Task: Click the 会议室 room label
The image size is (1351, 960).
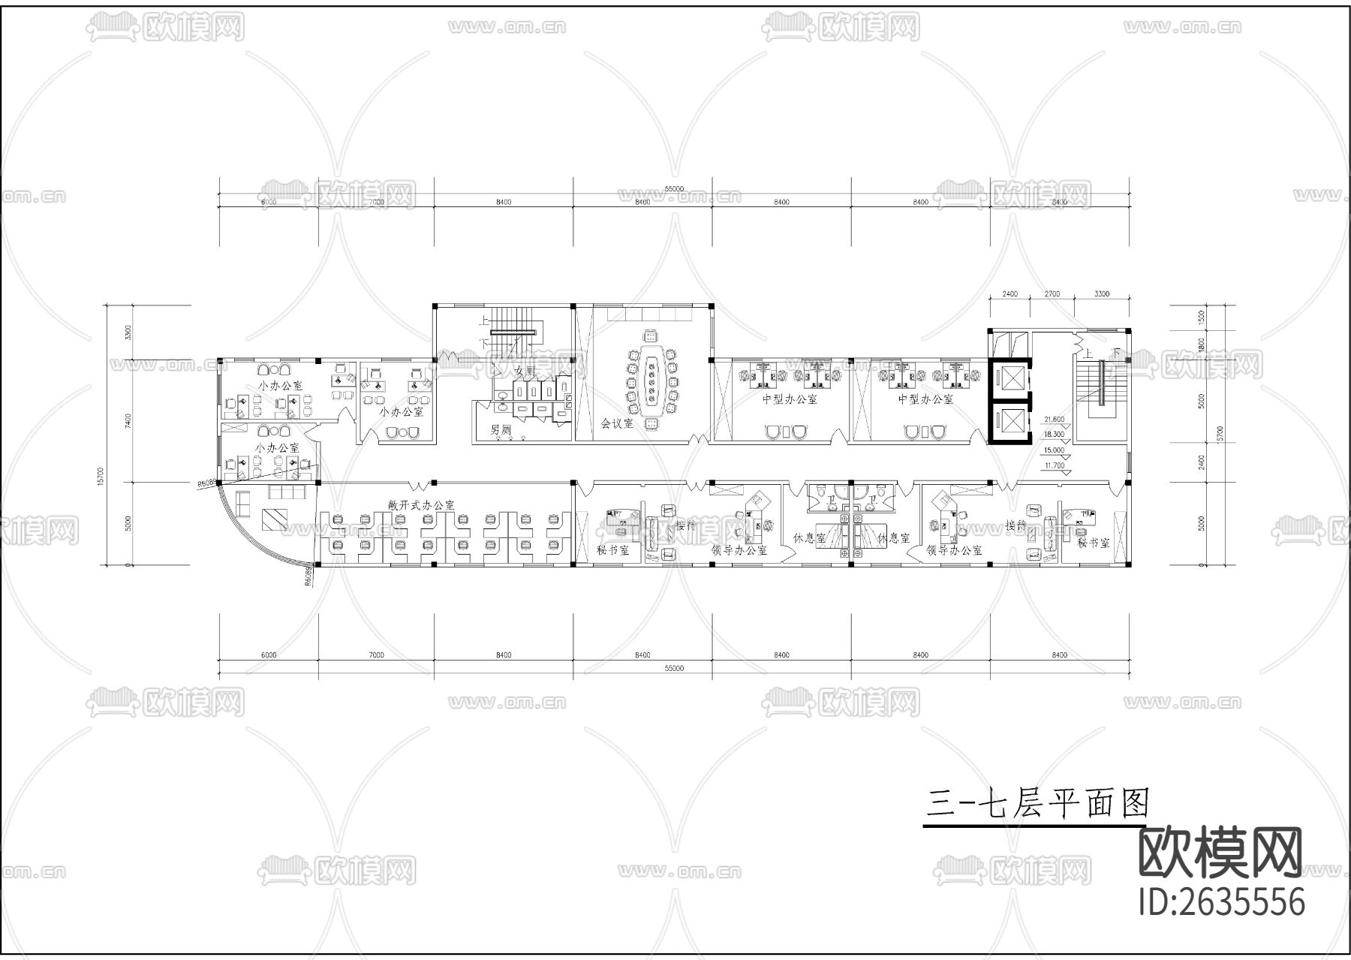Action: (x=617, y=423)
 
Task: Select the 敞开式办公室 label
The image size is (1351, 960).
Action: (x=421, y=505)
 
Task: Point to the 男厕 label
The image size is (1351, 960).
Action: (x=501, y=430)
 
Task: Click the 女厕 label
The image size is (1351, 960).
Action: (x=523, y=371)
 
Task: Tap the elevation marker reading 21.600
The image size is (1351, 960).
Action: (x=1055, y=420)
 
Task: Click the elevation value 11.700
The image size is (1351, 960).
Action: (x=1055, y=465)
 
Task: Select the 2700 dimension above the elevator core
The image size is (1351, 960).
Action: (x=1052, y=293)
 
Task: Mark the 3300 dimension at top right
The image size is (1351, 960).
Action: (x=1102, y=293)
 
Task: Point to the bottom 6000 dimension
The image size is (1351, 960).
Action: (x=269, y=655)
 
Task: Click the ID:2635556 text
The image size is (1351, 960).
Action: (x=1222, y=901)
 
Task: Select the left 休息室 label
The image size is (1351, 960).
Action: (x=809, y=538)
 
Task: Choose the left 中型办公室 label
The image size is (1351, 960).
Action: (x=790, y=399)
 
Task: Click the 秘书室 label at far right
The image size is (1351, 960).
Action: (x=1093, y=543)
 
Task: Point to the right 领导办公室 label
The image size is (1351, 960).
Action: (x=954, y=550)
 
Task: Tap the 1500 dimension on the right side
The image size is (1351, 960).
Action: (x=1201, y=317)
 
